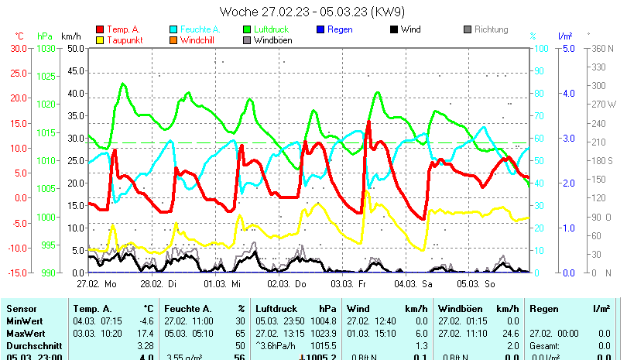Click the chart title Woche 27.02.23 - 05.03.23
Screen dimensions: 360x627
[x=313, y=12]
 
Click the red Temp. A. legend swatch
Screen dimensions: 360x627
[x=100, y=29]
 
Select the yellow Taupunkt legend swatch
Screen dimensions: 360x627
[x=100, y=40]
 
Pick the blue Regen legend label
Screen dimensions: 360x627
[x=341, y=29]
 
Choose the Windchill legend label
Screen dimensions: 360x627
[x=200, y=40]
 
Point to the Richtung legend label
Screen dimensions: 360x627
[x=491, y=29]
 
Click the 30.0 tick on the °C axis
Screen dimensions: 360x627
[x=17, y=48]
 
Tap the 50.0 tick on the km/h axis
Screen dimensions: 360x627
[x=74, y=48]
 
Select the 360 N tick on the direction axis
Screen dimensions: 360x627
[x=601, y=48]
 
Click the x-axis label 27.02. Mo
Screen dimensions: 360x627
[x=97, y=284]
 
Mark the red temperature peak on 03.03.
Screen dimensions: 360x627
[x=368, y=122]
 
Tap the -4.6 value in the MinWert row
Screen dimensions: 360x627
[x=146, y=321]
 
